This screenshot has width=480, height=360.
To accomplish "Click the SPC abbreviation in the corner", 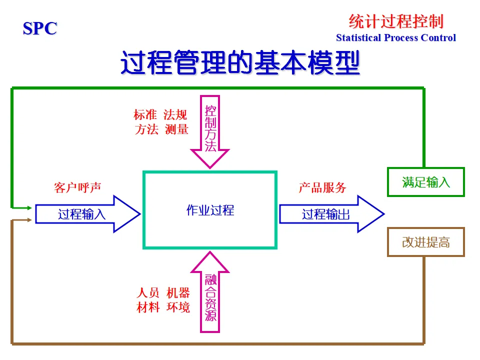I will click(40, 28).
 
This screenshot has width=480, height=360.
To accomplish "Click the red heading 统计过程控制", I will click(395, 21).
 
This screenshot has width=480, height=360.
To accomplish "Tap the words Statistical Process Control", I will click(395, 38).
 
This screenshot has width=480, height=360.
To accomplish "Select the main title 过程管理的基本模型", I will click(240, 63).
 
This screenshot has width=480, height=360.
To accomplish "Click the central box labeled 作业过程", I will click(210, 210).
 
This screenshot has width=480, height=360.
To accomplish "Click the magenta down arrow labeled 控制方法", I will click(210, 129).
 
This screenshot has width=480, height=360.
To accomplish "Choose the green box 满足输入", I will click(426, 182).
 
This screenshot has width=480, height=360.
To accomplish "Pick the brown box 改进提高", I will click(426, 242).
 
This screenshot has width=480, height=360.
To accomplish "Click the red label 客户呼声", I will click(77, 187).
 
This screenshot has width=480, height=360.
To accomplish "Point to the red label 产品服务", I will click(322, 187).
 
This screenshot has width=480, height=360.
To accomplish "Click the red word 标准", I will click(145, 114).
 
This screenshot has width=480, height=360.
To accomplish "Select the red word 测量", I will click(176, 129).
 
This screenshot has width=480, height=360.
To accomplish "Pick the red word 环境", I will click(178, 307).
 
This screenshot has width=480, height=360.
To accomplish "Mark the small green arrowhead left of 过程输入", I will click(29, 207).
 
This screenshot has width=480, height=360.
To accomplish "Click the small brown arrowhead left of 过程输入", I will click(29, 220).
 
